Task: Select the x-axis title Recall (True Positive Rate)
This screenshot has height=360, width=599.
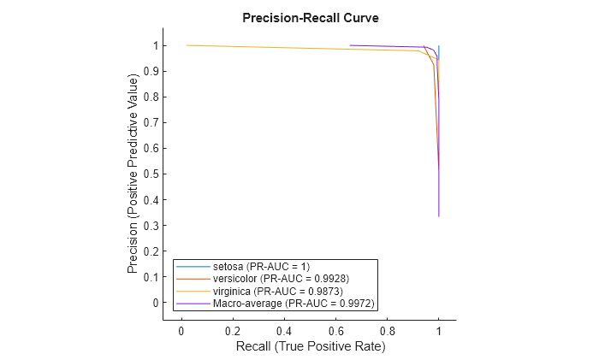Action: (309, 346)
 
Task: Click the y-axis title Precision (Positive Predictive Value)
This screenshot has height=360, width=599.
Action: (133, 174)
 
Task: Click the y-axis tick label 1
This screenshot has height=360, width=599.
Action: (156, 45)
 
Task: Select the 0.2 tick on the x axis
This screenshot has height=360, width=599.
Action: (233, 330)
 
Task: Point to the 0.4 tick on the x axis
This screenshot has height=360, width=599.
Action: (284, 330)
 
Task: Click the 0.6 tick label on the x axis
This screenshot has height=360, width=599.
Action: (335, 330)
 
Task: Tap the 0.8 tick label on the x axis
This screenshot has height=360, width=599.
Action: (387, 330)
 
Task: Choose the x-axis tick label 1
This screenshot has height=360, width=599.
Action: (438, 330)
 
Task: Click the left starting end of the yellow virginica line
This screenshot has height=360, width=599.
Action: (187, 45)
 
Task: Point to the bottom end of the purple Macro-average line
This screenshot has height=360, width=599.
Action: (438, 216)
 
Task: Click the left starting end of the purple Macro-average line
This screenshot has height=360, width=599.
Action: (350, 45)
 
